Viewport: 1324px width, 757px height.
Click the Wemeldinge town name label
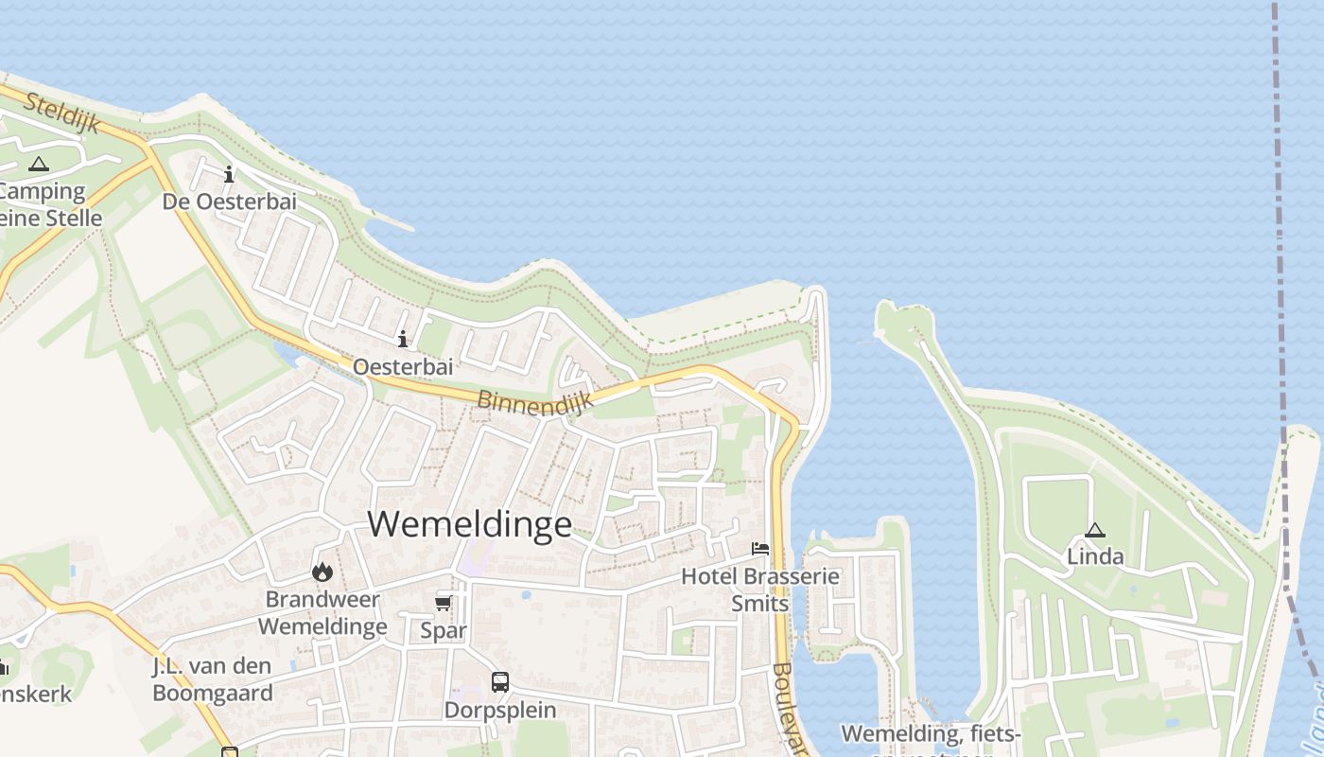pos(470,523)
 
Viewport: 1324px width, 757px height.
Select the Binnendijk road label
pos(535,401)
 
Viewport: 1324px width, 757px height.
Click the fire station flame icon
pos(322,572)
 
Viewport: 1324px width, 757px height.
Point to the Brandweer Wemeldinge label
pos(322,612)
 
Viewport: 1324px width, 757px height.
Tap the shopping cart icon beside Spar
pos(443,603)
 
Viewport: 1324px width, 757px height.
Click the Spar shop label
pos(444,629)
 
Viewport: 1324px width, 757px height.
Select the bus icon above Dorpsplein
pos(500,681)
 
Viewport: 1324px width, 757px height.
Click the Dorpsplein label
pos(500,710)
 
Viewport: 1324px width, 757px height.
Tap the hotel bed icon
pos(760,548)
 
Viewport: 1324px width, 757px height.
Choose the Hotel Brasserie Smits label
pos(760,589)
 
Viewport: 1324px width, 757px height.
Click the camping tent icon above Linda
pos(1095,530)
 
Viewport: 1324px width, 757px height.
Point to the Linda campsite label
pos(1095,556)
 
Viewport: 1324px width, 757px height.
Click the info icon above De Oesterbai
pos(229,174)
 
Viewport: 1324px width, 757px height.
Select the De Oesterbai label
pos(229,202)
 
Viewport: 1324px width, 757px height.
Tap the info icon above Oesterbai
pos(403,339)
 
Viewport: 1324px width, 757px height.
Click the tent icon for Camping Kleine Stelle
pos(38,164)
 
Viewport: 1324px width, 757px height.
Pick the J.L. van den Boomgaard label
pos(213,679)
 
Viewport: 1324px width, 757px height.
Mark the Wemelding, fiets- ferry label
pos(931,734)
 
